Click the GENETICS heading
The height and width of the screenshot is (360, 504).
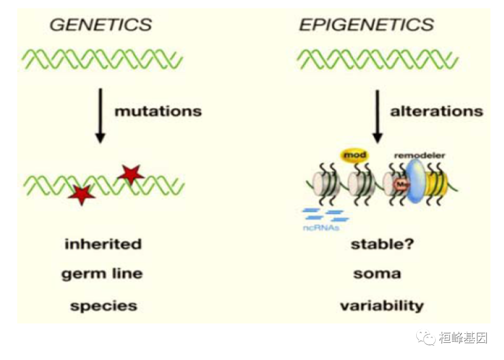pyautogui.click(x=100, y=25)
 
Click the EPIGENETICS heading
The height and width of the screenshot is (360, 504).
pyautogui.click(x=366, y=25)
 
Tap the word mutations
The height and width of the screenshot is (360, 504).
pyautogui.click(x=158, y=111)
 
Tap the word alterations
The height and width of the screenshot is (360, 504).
pyautogui.click(x=436, y=111)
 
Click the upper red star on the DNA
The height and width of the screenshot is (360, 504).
pyautogui.click(x=131, y=174)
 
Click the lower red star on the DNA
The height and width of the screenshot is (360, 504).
pyautogui.click(x=82, y=194)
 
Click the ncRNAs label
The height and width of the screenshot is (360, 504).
pyautogui.click(x=321, y=228)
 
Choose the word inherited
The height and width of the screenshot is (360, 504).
pyautogui.click(x=103, y=244)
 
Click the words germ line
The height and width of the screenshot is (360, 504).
pyautogui.click(x=102, y=273)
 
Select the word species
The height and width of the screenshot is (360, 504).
pyautogui.click(x=104, y=306)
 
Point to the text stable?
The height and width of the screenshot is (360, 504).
pyautogui.click(x=382, y=244)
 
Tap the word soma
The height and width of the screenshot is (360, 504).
pyautogui.click(x=377, y=273)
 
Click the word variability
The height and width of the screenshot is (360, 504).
pyautogui.click(x=382, y=306)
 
